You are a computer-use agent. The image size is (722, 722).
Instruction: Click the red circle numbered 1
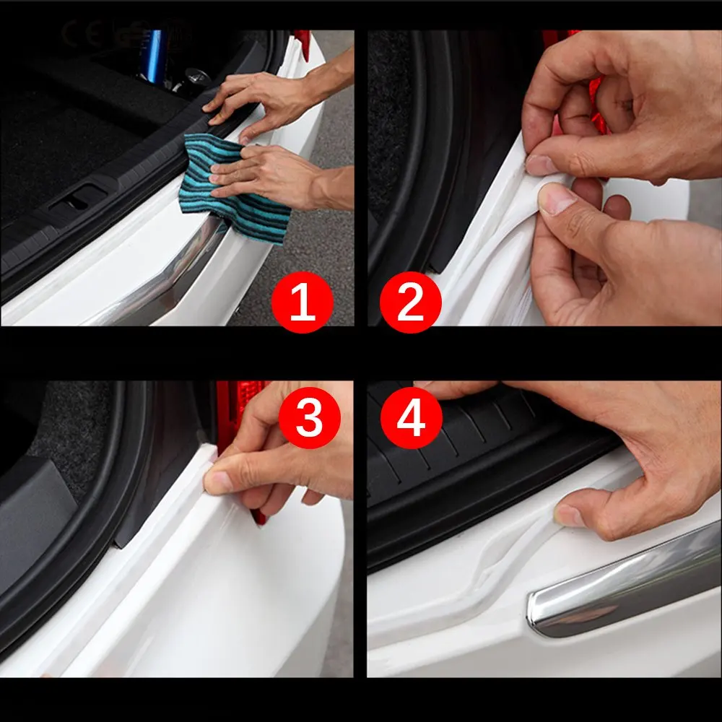302,302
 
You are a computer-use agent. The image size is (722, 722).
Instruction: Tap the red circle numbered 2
410,302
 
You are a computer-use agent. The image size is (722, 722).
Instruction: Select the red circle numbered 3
310,417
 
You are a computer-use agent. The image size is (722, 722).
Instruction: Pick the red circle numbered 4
412,417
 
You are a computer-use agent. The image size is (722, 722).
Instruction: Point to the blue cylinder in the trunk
155,56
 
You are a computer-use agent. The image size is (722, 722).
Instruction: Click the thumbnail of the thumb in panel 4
569,516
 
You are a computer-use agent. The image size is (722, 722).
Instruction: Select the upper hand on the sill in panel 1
277,99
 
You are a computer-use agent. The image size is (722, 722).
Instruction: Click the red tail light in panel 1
303,44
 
